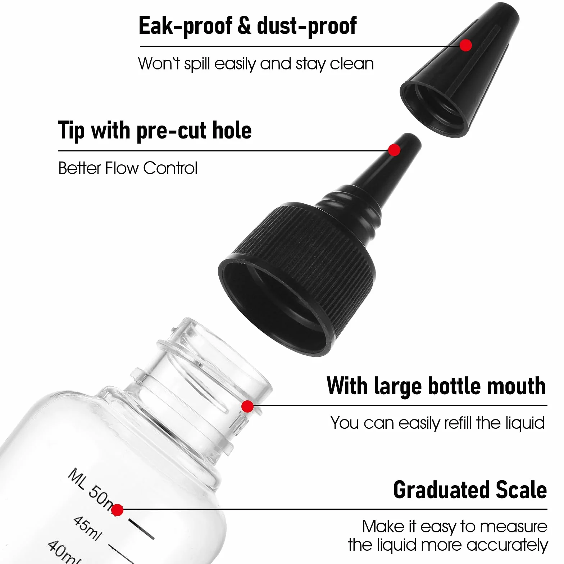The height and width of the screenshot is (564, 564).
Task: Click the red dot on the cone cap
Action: click(x=466, y=45)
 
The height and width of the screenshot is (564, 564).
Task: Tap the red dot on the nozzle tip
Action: click(x=395, y=150)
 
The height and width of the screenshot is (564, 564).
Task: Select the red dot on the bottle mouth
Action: click(x=247, y=406)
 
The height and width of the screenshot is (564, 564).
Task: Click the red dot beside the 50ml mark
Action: click(x=117, y=510)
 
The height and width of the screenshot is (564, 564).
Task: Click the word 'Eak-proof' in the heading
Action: click(x=185, y=26)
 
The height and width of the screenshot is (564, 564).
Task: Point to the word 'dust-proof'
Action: click(x=306, y=26)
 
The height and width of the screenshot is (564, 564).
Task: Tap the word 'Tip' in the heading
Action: click(x=71, y=131)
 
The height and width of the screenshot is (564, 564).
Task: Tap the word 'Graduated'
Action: click(x=442, y=490)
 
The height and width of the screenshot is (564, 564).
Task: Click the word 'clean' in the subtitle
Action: click(x=352, y=64)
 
